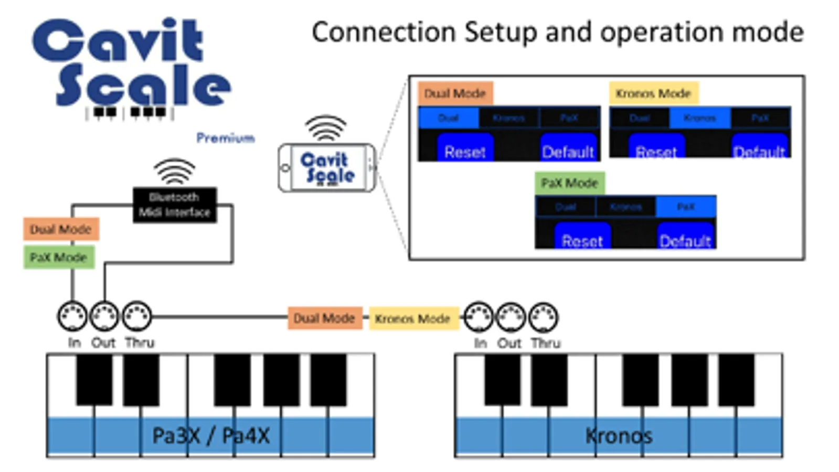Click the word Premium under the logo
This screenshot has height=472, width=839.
225,138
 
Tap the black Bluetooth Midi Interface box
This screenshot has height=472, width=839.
174,205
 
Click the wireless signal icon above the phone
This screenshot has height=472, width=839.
325,128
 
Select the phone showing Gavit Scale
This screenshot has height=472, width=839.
326,168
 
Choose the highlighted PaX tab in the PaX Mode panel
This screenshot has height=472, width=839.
686,207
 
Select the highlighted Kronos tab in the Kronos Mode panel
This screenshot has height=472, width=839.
699,118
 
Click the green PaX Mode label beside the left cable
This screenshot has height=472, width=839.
59,258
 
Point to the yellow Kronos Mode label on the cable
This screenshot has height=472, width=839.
412,318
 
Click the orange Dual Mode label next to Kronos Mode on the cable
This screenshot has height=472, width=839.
324,318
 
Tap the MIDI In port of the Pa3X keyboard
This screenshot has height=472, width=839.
72,316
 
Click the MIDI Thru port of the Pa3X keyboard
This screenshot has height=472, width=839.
137,316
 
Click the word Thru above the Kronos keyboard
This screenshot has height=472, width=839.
546,343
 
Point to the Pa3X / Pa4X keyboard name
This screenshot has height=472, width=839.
210,436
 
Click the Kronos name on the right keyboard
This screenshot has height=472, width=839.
619,436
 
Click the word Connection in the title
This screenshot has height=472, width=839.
384,33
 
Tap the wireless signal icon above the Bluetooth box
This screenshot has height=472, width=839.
174,171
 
